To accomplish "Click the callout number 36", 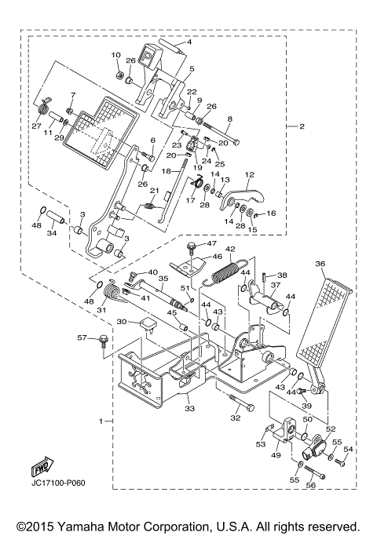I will point(320,264).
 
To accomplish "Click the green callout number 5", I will point(191,69).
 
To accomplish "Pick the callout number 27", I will point(36,126).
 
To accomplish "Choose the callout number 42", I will point(230,249).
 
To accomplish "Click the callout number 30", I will point(123,322).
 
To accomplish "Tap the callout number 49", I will point(276,454).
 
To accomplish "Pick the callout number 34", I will point(52,232).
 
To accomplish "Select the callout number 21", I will point(155,191).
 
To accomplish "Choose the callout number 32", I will point(234,418).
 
